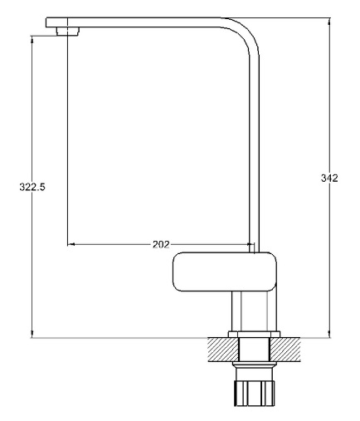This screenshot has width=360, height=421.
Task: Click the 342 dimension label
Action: pyautogui.click(x=329, y=178)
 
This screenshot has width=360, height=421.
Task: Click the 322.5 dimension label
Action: pyautogui.click(x=32, y=187)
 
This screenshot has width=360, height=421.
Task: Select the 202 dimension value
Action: pyautogui.click(x=161, y=244)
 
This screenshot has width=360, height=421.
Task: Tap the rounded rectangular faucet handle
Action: pyautogui.click(x=225, y=272)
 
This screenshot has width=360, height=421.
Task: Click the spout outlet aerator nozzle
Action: pyautogui.click(x=68, y=32)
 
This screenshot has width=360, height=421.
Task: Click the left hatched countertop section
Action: pyautogui.click(x=223, y=350)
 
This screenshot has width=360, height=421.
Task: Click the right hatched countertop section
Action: pyautogui.click(x=285, y=350)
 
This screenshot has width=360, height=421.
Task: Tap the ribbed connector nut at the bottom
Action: pyautogui.click(x=254, y=394)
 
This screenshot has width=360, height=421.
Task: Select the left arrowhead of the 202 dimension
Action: pyautogui.click(x=71, y=244)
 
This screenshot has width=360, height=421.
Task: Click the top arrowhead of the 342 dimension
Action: pyautogui.click(x=329, y=22)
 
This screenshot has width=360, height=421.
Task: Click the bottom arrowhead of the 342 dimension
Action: pyautogui.click(x=329, y=334)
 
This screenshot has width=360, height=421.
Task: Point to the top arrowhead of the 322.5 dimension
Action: pyautogui.click(x=32, y=40)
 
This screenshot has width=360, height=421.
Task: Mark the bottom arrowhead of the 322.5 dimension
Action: pyautogui.click(x=32, y=334)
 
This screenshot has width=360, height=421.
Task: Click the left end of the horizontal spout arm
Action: pyautogui.click(x=46, y=22)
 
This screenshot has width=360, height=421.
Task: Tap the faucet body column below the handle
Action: pyautogui.click(x=254, y=311)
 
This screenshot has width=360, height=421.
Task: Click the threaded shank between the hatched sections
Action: pyautogui.click(x=254, y=350)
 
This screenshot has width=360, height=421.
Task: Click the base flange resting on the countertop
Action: pyautogui.click(x=254, y=335)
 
